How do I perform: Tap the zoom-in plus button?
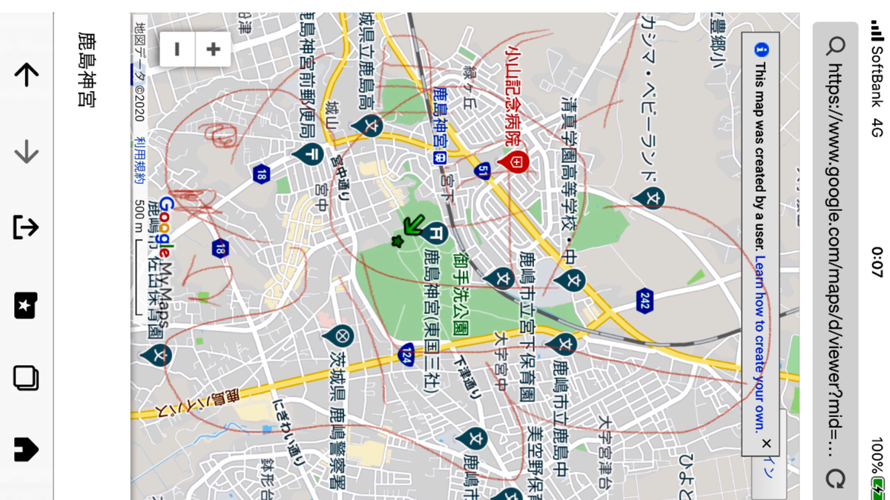[214, 50]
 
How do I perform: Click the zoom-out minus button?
[177, 50]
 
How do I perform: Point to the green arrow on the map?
[413, 224]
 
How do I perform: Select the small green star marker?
[398, 241]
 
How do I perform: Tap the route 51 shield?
[483, 171]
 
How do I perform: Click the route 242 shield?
[645, 300]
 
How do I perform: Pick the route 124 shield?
[406, 354]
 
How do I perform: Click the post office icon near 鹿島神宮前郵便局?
[308, 153]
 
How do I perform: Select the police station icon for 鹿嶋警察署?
[340, 336]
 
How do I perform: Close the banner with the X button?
[766, 443]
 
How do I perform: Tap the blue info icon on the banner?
[761, 50]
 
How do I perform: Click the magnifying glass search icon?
[836, 47]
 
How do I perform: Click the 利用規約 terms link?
[139, 160]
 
